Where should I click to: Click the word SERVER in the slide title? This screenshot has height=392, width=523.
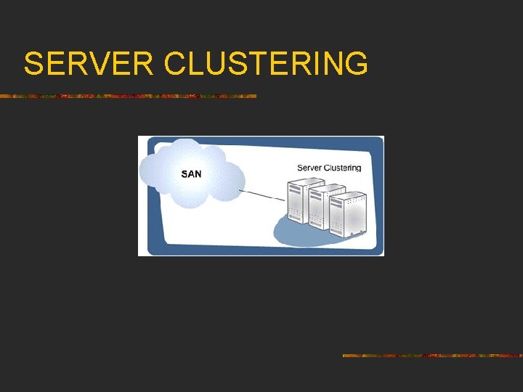[x=88, y=64]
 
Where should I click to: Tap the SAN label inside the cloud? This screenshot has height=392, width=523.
[x=191, y=174]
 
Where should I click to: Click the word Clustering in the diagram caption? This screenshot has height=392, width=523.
[x=343, y=168]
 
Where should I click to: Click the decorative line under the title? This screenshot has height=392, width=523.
[x=128, y=96]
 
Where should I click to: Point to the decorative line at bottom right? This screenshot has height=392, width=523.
[x=432, y=356]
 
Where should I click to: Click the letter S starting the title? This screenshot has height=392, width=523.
[x=32, y=64]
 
